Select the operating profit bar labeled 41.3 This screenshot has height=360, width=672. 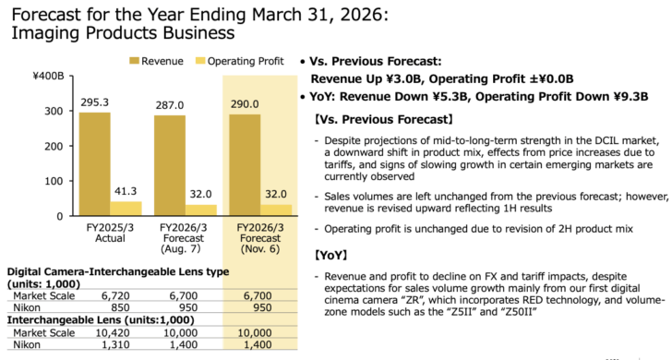click(126, 208)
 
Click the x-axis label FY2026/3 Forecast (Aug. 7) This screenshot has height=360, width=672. click(183, 236)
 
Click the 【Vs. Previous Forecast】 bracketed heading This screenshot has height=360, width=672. click(382, 119)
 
